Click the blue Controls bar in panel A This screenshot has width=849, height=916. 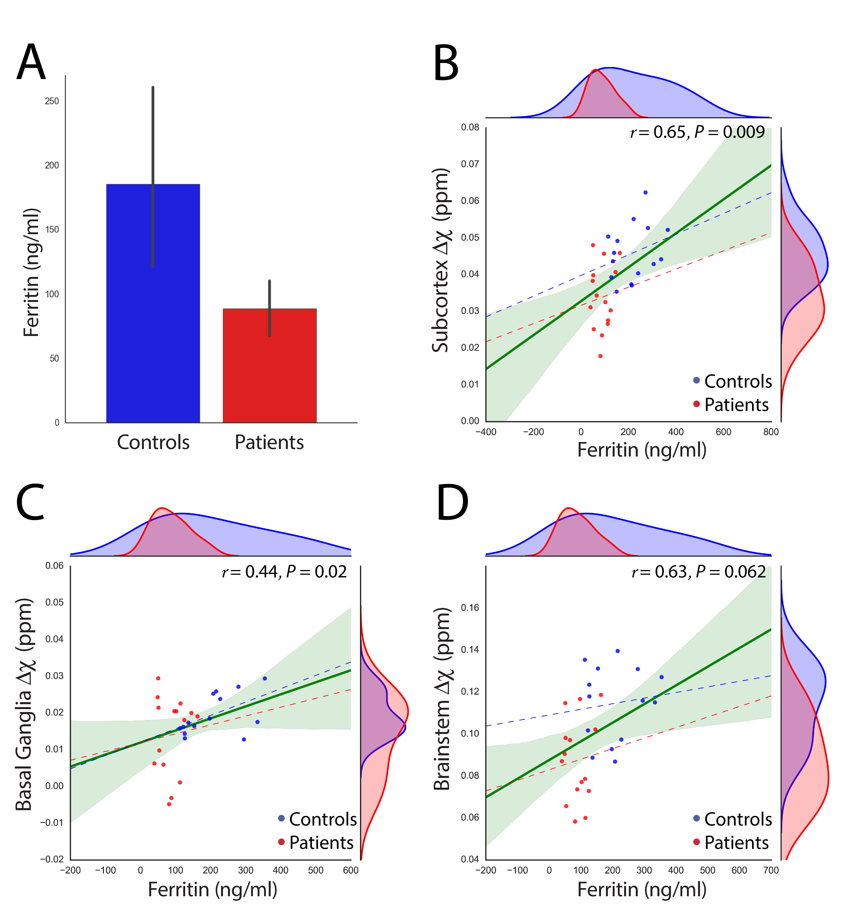coord(153,303)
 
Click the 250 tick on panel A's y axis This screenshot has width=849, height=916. coord(52,101)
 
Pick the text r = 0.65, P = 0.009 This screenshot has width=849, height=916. coord(697,132)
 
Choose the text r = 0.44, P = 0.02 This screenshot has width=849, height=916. coord(284,572)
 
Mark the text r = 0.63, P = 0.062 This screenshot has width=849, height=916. coord(698,572)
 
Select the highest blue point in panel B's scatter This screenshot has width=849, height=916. coord(645,193)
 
